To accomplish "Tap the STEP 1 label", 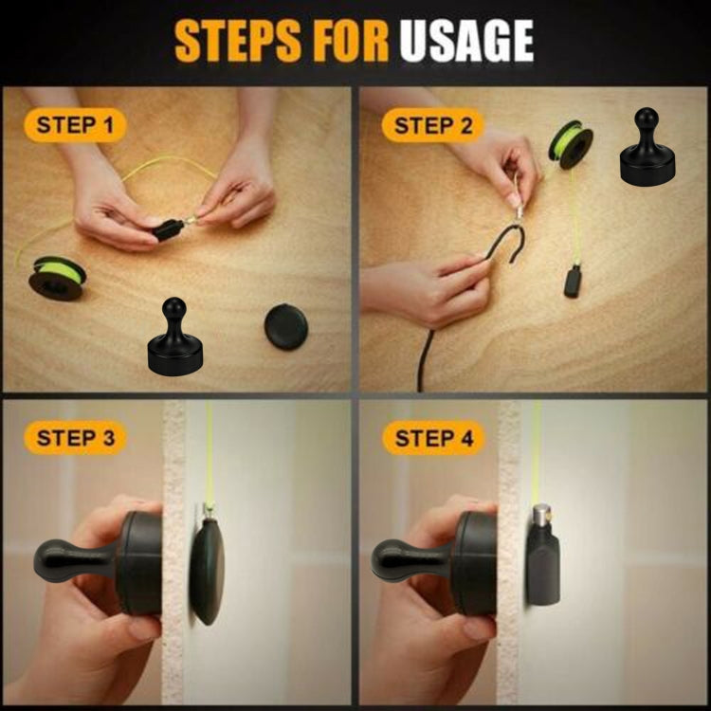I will click(75, 124).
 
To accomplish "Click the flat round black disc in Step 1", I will click(285, 325).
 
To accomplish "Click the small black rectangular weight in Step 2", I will click(573, 283).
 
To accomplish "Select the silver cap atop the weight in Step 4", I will click(542, 517).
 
